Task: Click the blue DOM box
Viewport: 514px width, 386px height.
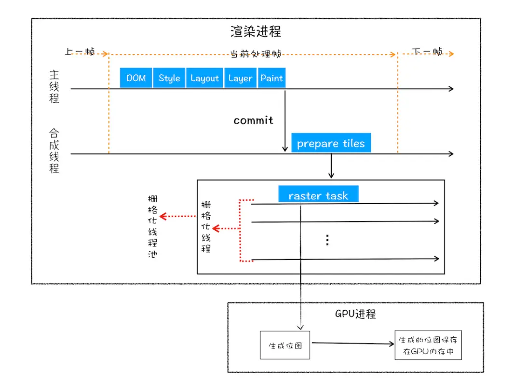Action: [136, 78]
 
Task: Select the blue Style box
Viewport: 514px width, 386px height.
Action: [169, 78]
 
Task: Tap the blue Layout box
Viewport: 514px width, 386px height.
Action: [204, 78]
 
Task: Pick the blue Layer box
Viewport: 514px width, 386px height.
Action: [240, 78]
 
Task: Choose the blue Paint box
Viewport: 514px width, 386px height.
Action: [271, 78]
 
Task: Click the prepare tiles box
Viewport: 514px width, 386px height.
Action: [331, 144]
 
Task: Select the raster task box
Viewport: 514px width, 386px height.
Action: [318, 195]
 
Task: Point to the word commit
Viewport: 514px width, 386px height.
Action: [253, 121]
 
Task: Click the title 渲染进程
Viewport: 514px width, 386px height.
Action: [256, 32]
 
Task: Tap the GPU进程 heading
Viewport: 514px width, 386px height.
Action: [355, 314]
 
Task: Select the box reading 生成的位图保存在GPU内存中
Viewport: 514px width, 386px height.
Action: [427, 345]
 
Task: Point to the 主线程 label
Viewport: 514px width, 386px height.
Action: [54, 87]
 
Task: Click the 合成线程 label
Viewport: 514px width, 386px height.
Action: [54, 151]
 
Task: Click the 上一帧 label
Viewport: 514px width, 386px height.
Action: [80, 52]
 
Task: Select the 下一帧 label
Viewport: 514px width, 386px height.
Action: [427, 52]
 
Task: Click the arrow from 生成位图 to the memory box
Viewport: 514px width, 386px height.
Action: [352, 344]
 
